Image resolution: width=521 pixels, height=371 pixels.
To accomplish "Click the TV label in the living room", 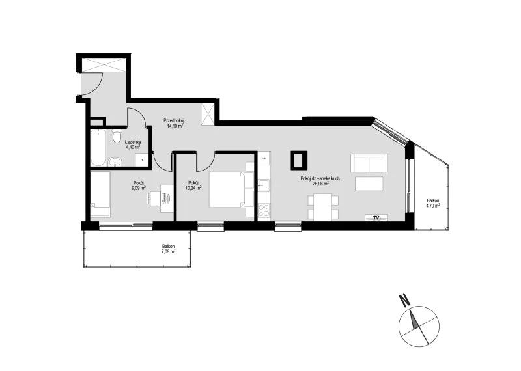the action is click(376, 218).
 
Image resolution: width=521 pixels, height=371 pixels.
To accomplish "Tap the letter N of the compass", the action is click(404, 300).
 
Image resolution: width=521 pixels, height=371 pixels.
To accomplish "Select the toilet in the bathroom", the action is click(117, 137).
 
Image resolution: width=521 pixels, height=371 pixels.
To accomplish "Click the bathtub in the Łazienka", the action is click(98, 147).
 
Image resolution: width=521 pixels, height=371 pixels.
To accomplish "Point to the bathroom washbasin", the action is click(116, 161).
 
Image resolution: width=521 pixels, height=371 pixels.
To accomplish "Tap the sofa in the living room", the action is click(369, 163).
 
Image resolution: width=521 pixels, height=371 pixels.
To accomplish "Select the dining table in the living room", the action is click(322, 206).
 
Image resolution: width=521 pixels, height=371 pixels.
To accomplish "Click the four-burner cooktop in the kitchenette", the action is click(264, 210).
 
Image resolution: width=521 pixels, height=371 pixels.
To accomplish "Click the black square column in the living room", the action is click(300, 160).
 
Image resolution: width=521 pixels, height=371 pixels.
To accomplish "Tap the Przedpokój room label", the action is click(174, 121).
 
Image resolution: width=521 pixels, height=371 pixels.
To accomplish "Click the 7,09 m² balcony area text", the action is click(169, 251).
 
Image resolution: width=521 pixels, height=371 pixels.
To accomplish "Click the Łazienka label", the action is click(133, 142).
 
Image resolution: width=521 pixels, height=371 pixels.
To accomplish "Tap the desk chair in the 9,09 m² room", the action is click(154, 199).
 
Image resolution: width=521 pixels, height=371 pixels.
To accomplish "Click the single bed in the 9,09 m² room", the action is click(100, 195).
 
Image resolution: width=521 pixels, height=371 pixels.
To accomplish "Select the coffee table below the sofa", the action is click(369, 184).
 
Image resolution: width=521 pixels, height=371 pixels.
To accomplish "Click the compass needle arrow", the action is click(414, 320).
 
